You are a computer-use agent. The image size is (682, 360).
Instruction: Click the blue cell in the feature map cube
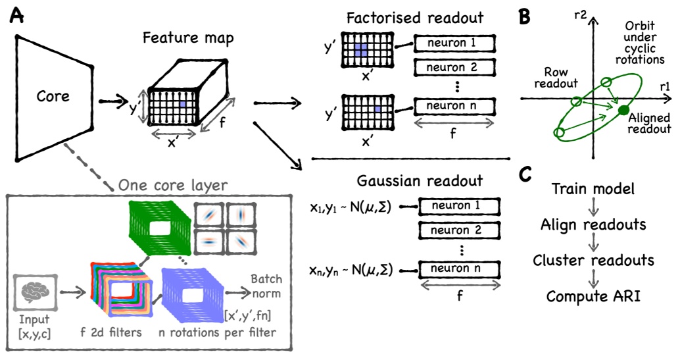coord(183,105)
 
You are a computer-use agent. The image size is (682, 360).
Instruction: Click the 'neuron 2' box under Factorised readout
coord(454,67)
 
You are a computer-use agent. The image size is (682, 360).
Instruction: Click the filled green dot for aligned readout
coord(623,110)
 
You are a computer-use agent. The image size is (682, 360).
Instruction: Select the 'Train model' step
coord(593,189)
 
